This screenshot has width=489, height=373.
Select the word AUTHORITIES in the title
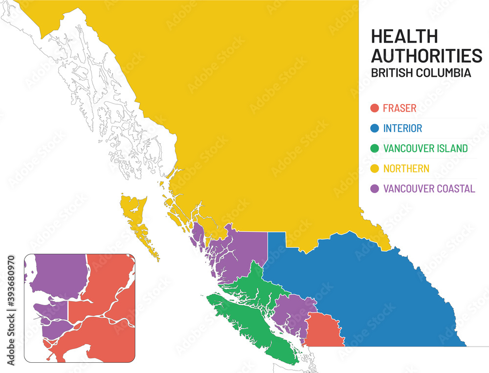426,56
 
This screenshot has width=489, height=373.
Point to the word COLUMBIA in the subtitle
443,73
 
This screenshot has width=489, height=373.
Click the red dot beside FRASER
375,109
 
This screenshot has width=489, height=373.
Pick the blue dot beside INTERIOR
375,129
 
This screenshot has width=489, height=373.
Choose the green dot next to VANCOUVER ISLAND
375,149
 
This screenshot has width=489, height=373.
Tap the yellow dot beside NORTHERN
375,169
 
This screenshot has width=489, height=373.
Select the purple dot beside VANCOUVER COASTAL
375,189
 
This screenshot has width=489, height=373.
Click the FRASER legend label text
400,109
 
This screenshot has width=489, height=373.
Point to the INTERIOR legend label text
402,129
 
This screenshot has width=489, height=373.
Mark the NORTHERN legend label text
406,169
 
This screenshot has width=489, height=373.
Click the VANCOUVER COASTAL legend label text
429,189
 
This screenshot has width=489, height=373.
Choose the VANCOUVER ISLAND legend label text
425,149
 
